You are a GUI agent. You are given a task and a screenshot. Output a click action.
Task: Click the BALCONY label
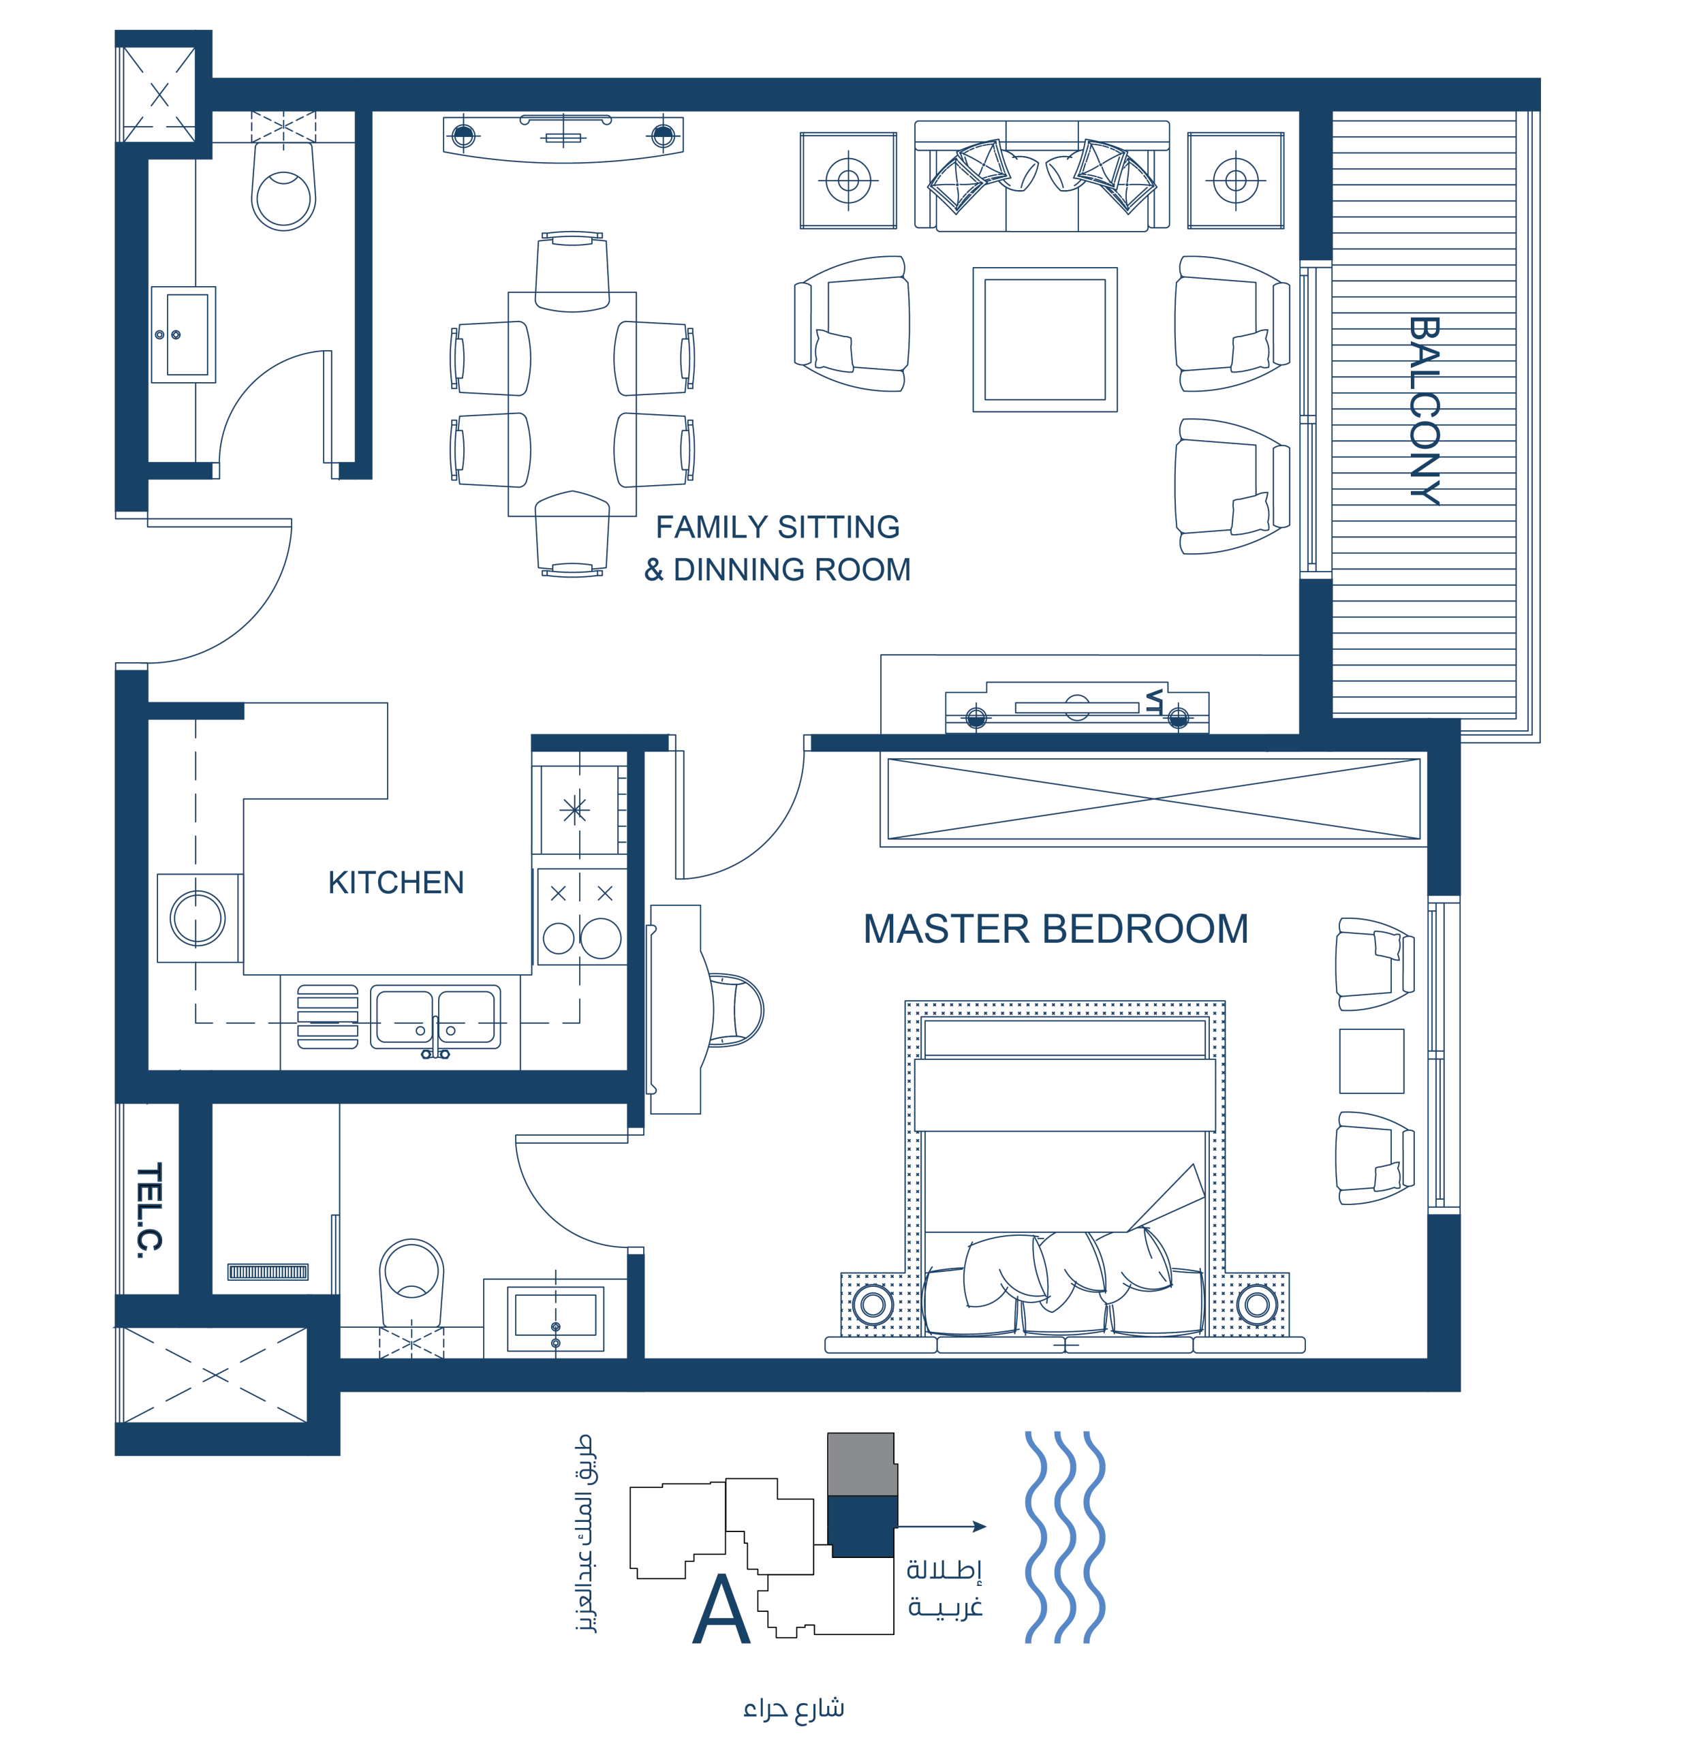[1424, 411]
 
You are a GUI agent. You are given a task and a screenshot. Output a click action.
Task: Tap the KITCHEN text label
[396, 883]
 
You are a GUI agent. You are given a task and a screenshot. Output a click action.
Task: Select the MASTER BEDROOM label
[1055, 929]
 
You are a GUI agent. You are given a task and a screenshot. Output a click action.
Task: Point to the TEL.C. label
[149, 1210]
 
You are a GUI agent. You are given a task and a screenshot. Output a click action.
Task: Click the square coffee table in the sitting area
[1045, 339]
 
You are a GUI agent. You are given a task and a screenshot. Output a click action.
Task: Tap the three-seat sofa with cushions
[1041, 176]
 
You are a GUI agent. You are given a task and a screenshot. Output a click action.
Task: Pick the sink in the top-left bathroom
[183, 334]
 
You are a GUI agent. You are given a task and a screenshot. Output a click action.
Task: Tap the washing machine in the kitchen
[198, 918]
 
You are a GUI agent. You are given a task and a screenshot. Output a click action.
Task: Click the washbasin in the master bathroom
[555, 1318]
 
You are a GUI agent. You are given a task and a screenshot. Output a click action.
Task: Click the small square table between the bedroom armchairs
[1371, 1061]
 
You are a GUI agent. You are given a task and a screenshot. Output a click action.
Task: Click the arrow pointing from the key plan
[941, 1526]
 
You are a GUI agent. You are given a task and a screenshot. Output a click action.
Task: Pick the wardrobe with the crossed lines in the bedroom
[1153, 799]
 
